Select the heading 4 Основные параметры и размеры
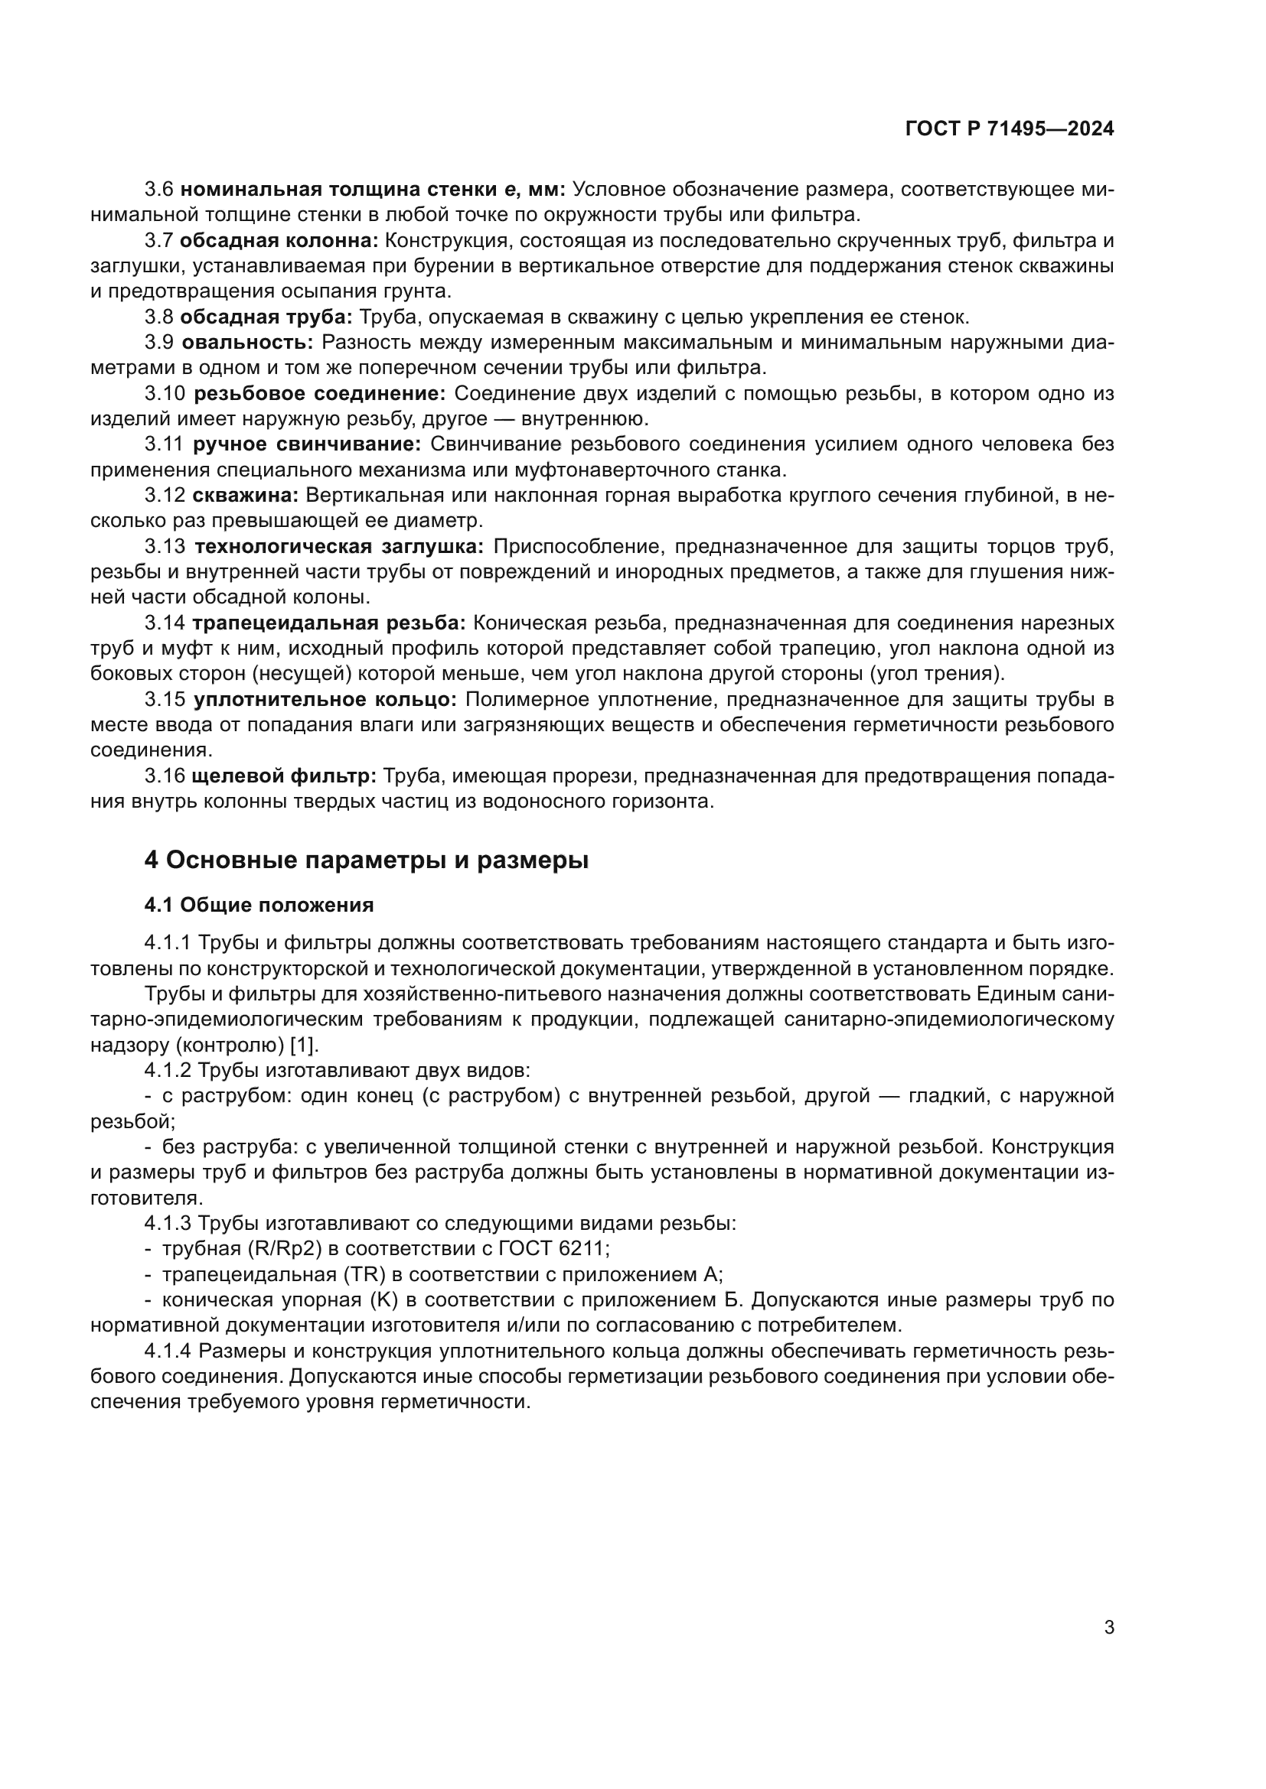coord(367,860)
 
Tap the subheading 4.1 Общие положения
coord(259,905)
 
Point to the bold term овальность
coord(247,342)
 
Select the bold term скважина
coord(245,496)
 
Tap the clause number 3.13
coord(165,546)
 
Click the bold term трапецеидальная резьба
coord(328,623)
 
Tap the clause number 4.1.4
coord(168,1351)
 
